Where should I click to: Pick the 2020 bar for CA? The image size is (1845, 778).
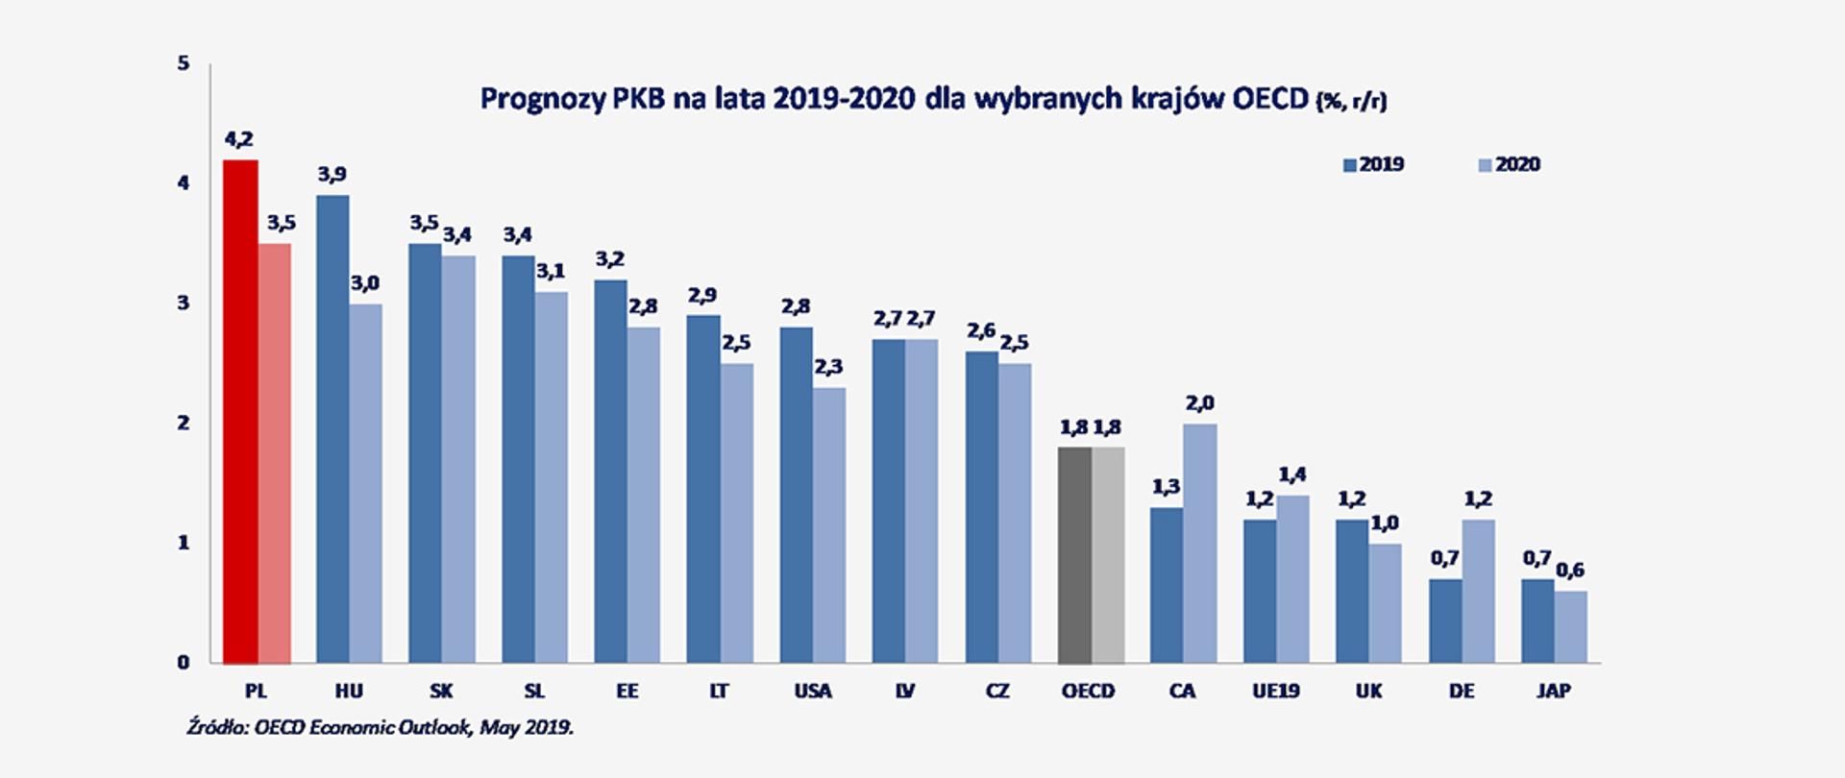1200,544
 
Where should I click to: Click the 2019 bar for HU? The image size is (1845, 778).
332,429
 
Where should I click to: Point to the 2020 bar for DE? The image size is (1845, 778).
1479,592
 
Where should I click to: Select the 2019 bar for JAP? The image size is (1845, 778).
1537,621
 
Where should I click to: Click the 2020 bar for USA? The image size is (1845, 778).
829,525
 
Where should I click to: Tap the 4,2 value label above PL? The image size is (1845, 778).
239,140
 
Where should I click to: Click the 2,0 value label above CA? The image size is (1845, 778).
1200,403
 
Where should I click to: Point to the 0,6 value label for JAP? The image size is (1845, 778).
1570,571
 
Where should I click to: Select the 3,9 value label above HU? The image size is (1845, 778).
332,175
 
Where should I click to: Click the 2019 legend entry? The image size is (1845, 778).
1374,165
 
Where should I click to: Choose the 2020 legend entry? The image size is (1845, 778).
1510,165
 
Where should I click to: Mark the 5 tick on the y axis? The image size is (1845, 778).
184,64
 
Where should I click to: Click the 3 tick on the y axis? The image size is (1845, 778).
184,304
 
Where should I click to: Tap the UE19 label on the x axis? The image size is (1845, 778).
1275,692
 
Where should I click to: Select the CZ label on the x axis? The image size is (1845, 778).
997,692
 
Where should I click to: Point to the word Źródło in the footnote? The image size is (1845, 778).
217,727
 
